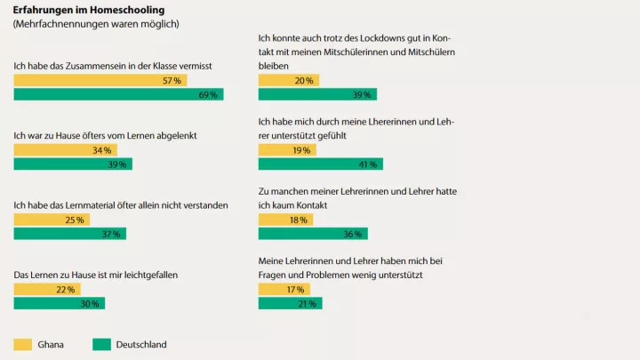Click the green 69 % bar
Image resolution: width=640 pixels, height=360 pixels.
coord(118,94)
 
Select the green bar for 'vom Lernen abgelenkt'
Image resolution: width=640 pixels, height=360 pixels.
coord(73,164)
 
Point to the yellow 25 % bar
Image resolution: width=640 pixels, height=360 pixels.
coord(52,220)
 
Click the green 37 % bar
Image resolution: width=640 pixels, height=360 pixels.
coord(70,233)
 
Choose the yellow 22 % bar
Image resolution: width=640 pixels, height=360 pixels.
coord(47,289)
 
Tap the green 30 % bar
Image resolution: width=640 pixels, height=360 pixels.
coord(60,303)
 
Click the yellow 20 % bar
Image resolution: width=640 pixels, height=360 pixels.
coord(288,81)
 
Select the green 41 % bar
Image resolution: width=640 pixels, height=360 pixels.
coord(320,164)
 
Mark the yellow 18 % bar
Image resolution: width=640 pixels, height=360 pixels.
coord(285,220)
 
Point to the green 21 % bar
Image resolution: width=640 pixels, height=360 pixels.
coord(290,303)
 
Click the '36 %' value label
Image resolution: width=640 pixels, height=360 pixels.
coord(352,234)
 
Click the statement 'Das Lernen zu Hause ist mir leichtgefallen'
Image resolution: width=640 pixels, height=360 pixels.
coord(97,275)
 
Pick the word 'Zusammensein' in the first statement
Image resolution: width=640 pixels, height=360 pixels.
coord(90,66)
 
